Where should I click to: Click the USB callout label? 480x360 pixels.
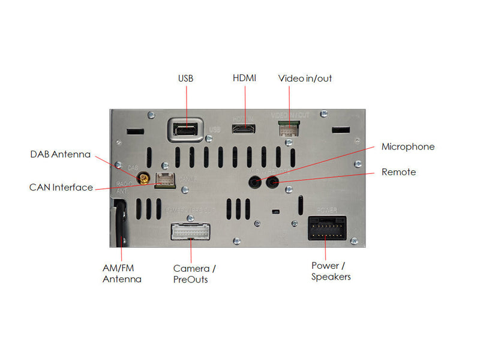coord(186,79)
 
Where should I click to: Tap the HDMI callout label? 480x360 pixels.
coord(244,79)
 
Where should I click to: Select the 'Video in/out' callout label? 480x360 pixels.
coord(305,79)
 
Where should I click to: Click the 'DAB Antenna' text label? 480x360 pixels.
coord(60,154)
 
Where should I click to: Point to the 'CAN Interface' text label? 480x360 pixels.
coord(61,187)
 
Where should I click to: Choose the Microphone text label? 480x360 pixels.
coord(408,146)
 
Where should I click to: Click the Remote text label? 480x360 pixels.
coord(398,172)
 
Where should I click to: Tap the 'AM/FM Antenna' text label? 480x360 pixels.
coord(122,274)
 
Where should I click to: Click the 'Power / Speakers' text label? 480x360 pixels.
coord(331,271)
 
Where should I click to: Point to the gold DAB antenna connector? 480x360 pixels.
coord(144,178)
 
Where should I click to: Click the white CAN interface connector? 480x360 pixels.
coord(165,179)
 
